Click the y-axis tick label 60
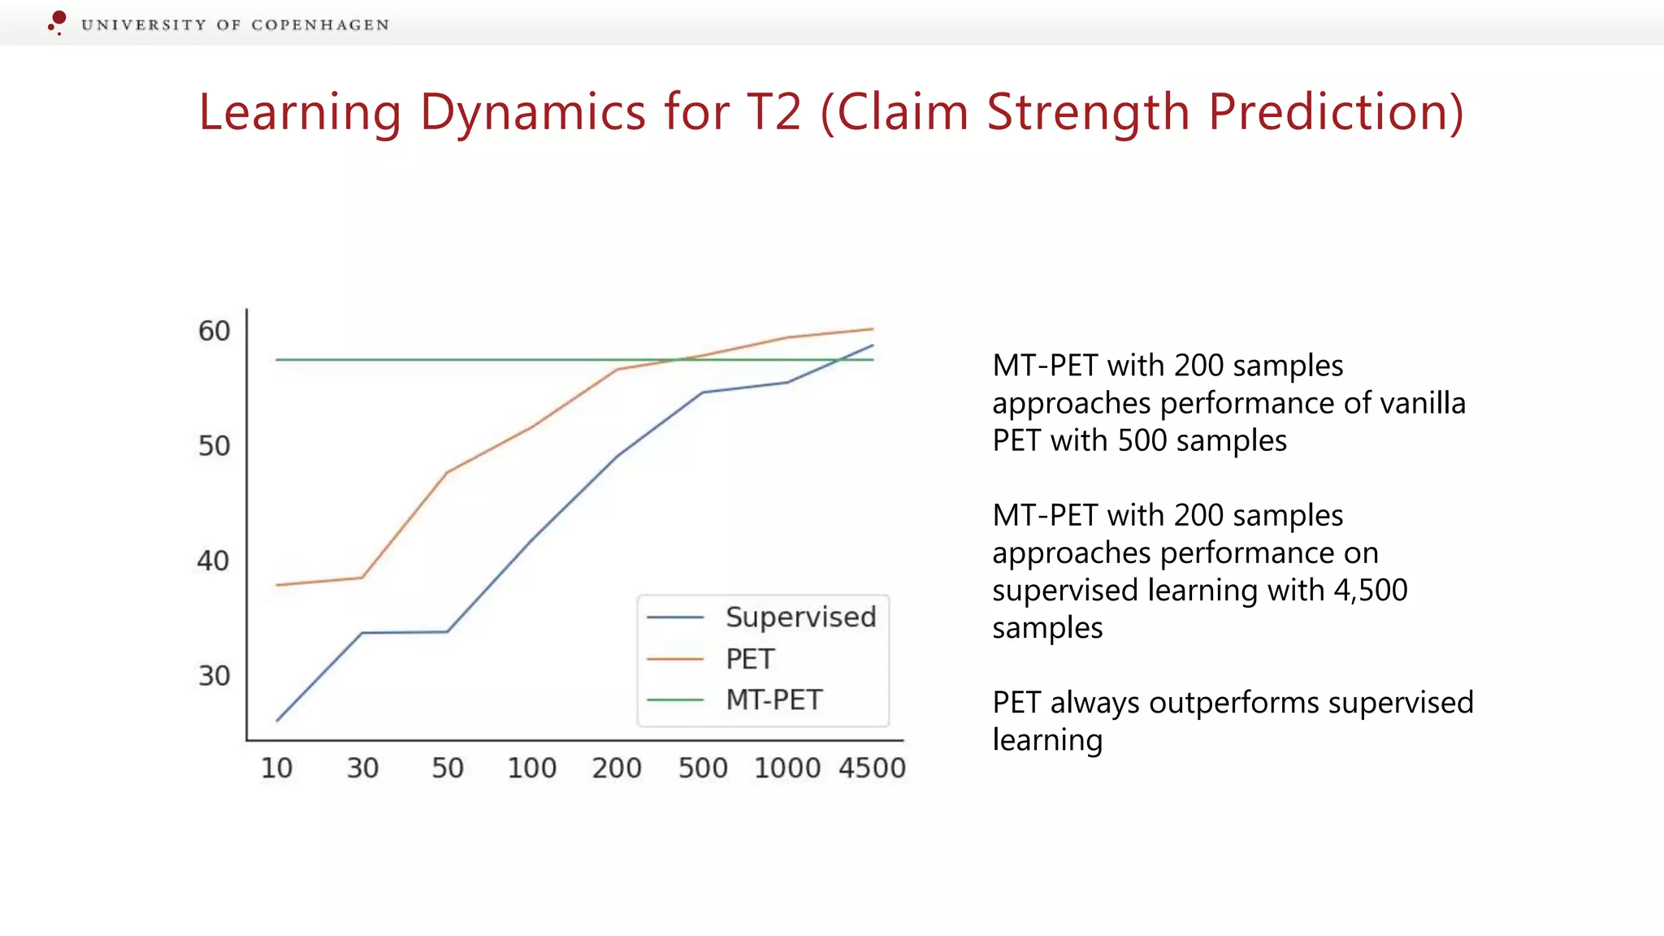point(214,331)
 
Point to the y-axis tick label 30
point(214,676)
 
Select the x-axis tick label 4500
point(872,769)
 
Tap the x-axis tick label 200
point(617,769)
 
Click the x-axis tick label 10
point(276,769)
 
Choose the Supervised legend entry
point(800,617)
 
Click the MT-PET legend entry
point(773,700)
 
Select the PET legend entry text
point(750,659)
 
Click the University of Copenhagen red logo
point(57,22)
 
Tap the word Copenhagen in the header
point(320,25)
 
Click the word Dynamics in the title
point(532,112)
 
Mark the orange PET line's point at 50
point(447,472)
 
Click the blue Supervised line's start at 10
point(277,721)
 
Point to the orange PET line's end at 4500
point(873,329)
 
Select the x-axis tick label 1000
point(787,769)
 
